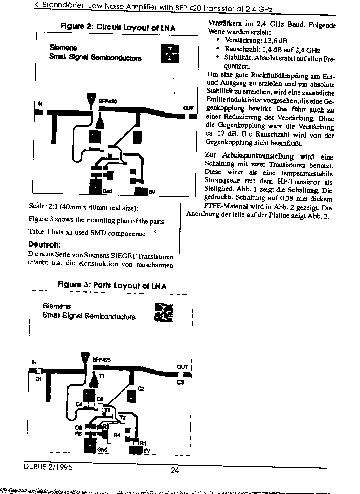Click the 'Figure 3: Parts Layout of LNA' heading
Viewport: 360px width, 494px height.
pyautogui.click(x=111, y=285)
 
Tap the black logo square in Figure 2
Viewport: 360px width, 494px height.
pyautogui.click(x=170, y=54)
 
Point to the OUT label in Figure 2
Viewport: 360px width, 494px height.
pyautogui.click(x=188, y=108)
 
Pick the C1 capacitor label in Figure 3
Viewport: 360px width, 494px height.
pyautogui.click(x=38, y=379)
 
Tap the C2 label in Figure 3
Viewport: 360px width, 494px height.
pyautogui.click(x=141, y=388)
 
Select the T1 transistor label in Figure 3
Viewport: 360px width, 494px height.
pyautogui.click(x=101, y=376)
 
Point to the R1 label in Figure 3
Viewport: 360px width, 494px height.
pyautogui.click(x=143, y=442)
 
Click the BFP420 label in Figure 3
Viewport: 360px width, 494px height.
pyautogui.click(x=101, y=360)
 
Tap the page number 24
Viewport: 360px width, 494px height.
pyautogui.click(x=175, y=471)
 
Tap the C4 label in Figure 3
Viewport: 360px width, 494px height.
pyautogui.click(x=79, y=404)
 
